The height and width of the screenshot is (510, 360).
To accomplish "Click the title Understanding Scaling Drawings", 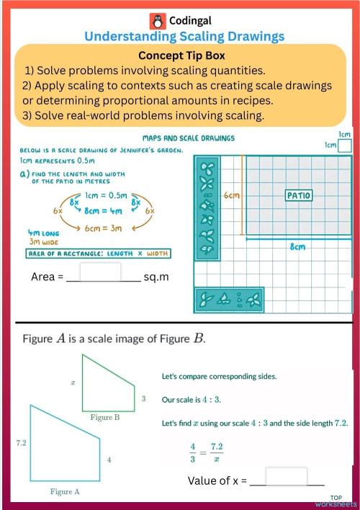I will pos(184,36).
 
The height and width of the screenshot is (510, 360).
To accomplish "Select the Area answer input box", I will pos(99,272).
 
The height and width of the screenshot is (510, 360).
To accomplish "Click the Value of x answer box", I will pos(286,477).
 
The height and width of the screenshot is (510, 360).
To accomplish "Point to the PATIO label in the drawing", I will pos(298,195).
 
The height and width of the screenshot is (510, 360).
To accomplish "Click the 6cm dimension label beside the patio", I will pos(230,195).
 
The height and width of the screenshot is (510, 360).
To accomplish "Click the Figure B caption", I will pos(104,417).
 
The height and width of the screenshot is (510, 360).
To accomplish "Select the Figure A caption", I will pos(65,491).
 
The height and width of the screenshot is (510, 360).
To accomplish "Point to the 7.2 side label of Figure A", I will pos(21,443).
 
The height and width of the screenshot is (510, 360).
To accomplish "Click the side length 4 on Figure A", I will pos(109,459).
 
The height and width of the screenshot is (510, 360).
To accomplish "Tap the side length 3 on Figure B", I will pos(143,398).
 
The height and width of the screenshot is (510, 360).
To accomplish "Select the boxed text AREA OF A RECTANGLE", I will pos(97,253).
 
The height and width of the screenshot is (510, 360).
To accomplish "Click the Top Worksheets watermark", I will pos(343,501).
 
